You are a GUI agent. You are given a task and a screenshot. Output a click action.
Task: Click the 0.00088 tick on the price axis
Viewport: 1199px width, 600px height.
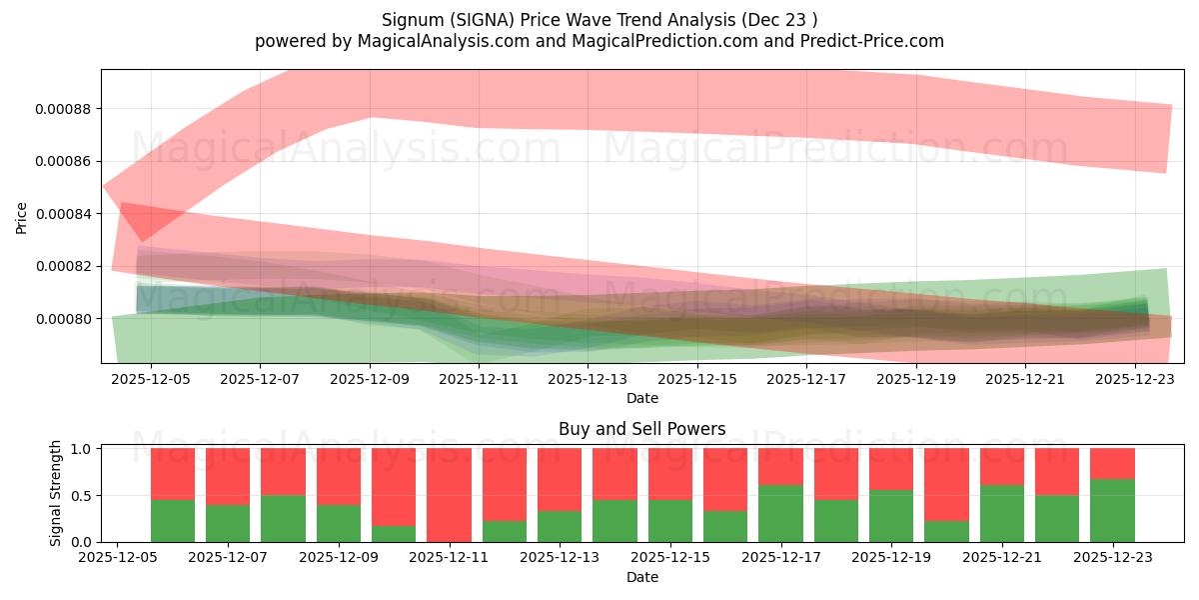[65, 109]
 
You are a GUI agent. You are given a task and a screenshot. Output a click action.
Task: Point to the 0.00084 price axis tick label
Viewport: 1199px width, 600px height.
[65, 214]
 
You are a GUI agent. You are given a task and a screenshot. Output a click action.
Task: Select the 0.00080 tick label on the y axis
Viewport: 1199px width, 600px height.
[65, 319]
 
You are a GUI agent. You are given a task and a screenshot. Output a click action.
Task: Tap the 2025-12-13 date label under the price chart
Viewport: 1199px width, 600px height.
[590, 380]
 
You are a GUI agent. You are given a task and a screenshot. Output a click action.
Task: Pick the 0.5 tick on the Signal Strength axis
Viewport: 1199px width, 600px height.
[82, 496]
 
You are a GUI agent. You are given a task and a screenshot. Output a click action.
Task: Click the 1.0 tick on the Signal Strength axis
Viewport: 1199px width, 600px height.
[82, 449]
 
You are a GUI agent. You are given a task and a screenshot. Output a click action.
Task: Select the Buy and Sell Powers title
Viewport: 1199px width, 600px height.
[641, 429]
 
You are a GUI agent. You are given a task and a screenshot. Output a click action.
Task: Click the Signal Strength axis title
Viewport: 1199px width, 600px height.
[56, 493]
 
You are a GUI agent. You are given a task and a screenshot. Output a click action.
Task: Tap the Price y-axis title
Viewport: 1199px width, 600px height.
[22, 217]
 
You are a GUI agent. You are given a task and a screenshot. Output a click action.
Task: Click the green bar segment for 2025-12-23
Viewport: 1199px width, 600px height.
[1112, 510]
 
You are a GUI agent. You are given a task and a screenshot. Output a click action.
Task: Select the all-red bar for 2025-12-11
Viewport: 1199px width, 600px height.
[449, 495]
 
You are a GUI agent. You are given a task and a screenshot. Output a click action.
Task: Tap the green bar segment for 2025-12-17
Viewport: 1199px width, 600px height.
[780, 513]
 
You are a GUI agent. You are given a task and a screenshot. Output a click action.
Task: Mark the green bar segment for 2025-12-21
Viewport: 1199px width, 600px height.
[1001, 513]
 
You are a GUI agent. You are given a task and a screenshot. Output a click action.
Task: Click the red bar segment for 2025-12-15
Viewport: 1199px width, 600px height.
[669, 473]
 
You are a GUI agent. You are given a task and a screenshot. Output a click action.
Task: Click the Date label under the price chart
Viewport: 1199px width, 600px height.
[641, 398]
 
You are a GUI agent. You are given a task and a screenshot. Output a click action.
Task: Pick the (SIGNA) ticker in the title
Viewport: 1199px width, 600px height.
[474, 19]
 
